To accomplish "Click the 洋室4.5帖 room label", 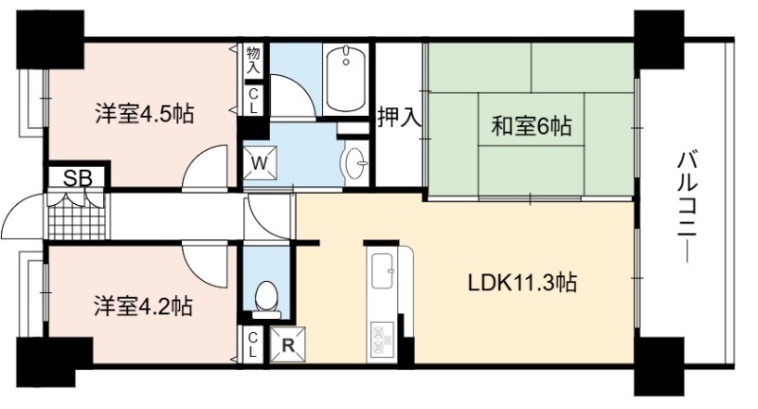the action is point(145,114).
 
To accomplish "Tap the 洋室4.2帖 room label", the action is point(144,307).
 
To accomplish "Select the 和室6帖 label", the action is point(532,126).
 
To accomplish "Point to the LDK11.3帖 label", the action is point(523,282).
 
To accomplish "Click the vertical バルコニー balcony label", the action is point(687,207).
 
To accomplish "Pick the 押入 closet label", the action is point(399,117).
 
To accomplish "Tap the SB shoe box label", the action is point(78,178).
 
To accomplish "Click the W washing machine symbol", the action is point(260,162).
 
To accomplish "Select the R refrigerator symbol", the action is point(288,345).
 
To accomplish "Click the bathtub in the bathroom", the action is point(346,80).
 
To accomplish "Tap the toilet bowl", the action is point(266,299).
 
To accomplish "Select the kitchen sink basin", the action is point(384,271).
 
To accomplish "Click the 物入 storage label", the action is point(252,60).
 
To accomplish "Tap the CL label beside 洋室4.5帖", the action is point(252,102).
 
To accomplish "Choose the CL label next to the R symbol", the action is point(252,345).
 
